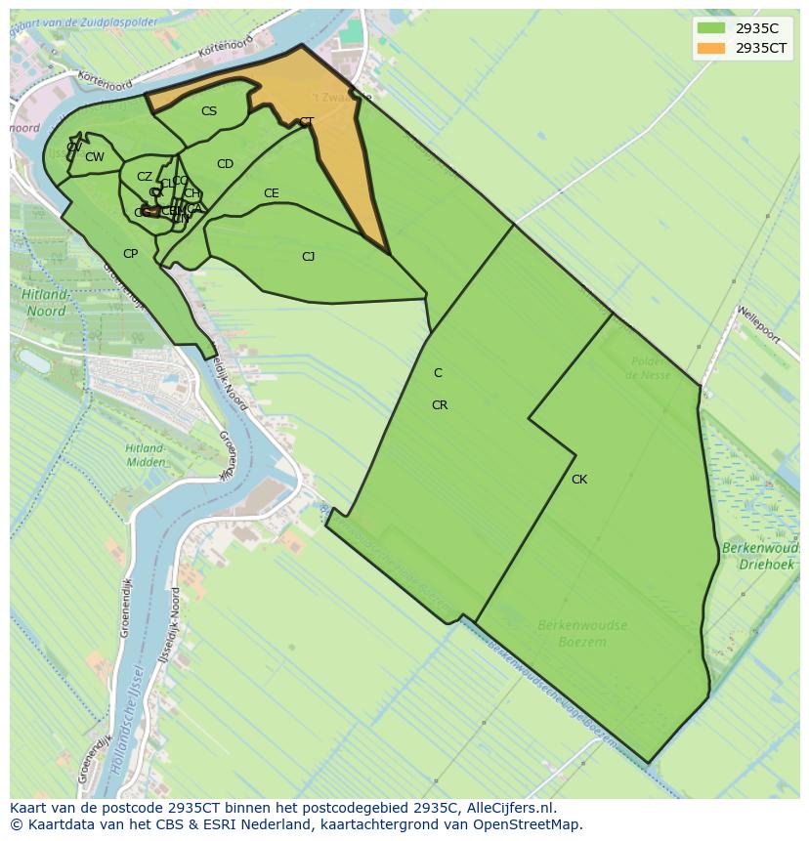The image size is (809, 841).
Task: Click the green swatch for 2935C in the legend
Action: (x=711, y=27)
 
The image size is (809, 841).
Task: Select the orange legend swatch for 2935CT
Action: (x=711, y=48)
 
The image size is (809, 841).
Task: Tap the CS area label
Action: (x=209, y=111)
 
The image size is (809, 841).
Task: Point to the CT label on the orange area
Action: (x=307, y=122)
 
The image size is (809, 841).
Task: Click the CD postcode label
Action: (x=225, y=164)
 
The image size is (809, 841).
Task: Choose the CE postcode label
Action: (x=272, y=193)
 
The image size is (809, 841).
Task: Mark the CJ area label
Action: (x=308, y=257)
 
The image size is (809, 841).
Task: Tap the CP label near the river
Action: (x=130, y=254)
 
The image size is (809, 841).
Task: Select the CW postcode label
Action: (x=95, y=157)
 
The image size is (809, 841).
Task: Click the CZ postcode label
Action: (x=145, y=177)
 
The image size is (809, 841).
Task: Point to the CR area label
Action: (x=440, y=405)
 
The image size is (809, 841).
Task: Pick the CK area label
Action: (x=579, y=480)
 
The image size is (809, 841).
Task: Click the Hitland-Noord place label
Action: (x=47, y=303)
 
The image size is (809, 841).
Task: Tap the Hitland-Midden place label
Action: (x=145, y=455)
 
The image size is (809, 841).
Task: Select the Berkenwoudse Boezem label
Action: (x=582, y=633)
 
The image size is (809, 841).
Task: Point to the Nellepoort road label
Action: (x=759, y=324)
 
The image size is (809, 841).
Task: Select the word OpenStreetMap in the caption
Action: (x=525, y=824)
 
